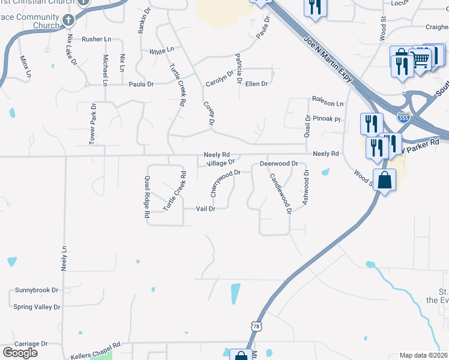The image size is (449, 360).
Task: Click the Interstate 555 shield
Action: click(x=405, y=118)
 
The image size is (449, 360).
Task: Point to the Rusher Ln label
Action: click(x=97, y=39)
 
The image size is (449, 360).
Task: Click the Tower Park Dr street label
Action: click(x=92, y=124)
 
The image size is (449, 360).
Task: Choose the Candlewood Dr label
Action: click(x=280, y=193)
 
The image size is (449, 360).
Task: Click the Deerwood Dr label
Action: click(x=279, y=163)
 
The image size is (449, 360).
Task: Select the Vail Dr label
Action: click(x=206, y=209)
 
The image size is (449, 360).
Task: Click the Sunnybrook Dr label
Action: click(x=37, y=290)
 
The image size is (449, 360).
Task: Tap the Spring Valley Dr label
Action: click(x=37, y=307)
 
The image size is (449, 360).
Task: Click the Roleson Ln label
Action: click(x=327, y=103)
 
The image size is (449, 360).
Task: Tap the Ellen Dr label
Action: click(x=256, y=83)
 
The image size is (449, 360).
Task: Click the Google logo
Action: click(x=20, y=353)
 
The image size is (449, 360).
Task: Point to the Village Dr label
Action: click(x=220, y=163)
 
